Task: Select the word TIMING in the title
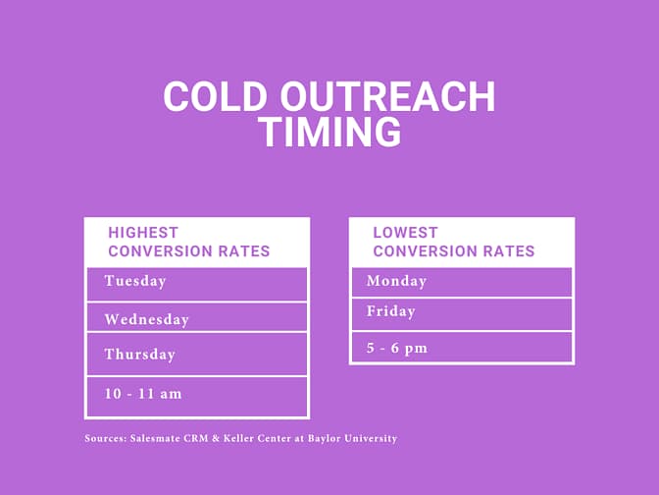click(329, 132)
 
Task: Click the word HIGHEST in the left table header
click(143, 233)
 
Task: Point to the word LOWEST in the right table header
click(405, 233)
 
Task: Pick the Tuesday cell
click(196, 283)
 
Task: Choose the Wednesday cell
click(196, 318)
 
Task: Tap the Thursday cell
click(196, 354)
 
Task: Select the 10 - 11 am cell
click(196, 395)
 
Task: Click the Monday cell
click(461, 282)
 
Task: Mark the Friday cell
click(461, 312)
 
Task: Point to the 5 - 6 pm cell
click(461, 348)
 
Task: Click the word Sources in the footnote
click(105, 438)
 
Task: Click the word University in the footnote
click(375, 438)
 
